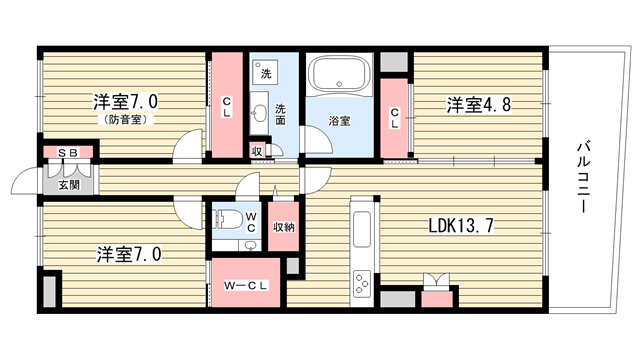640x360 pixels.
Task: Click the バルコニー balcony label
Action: (583, 176)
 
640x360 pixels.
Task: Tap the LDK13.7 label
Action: (461, 225)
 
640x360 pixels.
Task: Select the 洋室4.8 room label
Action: (478, 105)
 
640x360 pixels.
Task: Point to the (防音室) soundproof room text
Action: (125, 120)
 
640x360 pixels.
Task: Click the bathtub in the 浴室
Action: (339, 74)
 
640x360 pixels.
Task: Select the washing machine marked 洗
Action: (265, 72)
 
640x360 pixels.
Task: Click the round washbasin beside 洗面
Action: (259, 111)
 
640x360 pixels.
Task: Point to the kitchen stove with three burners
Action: (361, 282)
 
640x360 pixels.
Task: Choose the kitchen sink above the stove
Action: (362, 229)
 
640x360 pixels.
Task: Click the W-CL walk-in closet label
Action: (246, 286)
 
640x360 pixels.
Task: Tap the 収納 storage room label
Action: (284, 227)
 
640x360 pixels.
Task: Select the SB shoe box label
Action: (68, 153)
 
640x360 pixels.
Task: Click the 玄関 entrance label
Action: (69, 185)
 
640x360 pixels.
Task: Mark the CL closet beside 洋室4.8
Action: (394, 118)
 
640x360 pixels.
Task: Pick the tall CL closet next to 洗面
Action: (227, 105)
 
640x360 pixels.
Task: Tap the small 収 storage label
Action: (257, 151)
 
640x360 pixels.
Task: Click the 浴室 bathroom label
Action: (340, 121)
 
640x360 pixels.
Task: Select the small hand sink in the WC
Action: (251, 245)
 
